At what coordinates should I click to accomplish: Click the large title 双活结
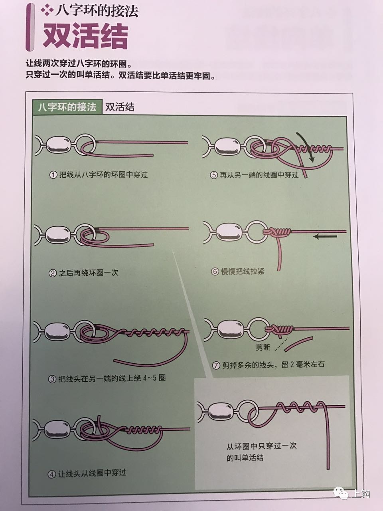(x=85, y=36)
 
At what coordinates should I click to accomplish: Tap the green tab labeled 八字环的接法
(x=67, y=107)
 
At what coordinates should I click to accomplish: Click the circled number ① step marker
(x=53, y=175)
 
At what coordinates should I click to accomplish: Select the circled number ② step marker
(x=52, y=273)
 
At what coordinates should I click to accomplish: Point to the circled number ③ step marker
(x=52, y=378)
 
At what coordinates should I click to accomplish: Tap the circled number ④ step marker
(x=52, y=474)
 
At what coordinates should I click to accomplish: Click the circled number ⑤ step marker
(x=213, y=175)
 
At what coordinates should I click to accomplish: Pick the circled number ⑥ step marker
(x=215, y=271)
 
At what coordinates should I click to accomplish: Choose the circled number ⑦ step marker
(x=216, y=365)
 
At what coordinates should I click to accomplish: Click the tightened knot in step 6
(x=279, y=232)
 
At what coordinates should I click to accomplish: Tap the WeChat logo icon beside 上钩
(x=342, y=493)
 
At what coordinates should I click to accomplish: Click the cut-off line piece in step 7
(x=299, y=344)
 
